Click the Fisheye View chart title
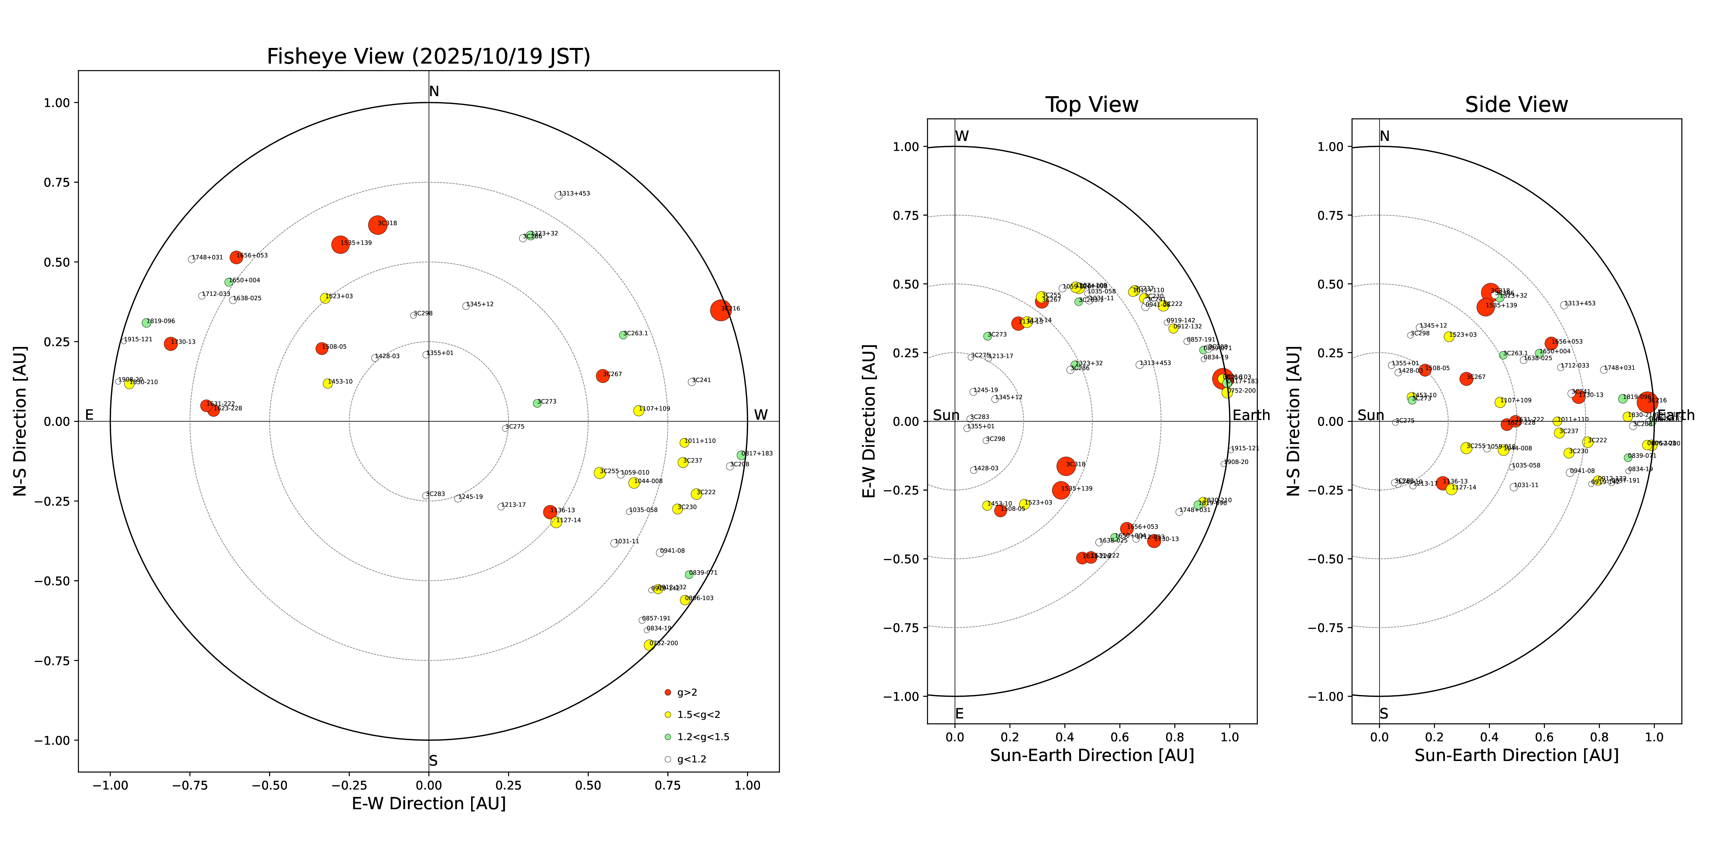(x=428, y=56)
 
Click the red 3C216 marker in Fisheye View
(x=721, y=310)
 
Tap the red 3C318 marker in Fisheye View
(x=377, y=225)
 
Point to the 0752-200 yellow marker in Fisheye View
(x=649, y=645)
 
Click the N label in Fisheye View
(x=434, y=92)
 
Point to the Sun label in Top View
(x=946, y=415)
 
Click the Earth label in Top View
(x=1251, y=415)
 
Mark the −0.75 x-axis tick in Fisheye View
(x=190, y=785)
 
